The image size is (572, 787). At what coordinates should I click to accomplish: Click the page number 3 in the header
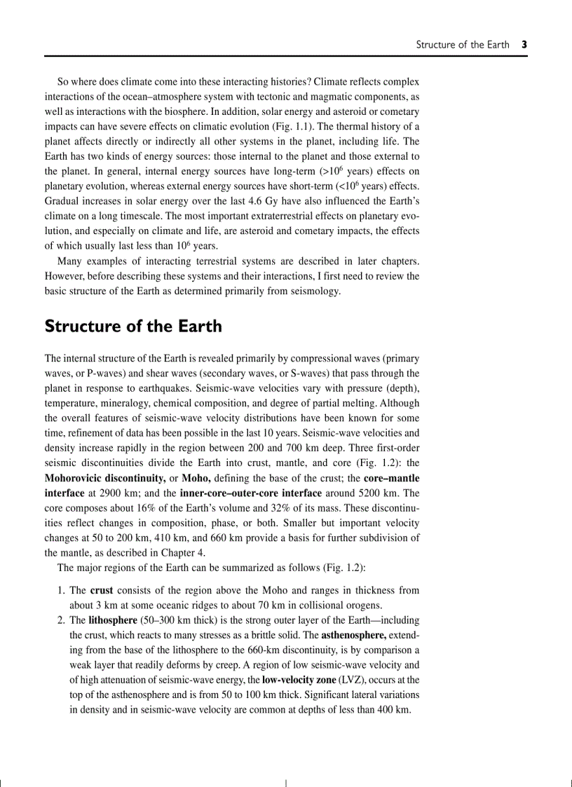[524, 45]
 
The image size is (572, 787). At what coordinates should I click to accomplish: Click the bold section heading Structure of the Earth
[133, 327]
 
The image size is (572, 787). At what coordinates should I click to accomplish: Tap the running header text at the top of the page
[463, 45]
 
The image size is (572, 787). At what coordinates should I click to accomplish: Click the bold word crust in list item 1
[102, 591]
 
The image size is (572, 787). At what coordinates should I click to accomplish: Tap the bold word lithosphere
[114, 620]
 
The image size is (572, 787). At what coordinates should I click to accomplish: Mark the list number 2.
[61, 620]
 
